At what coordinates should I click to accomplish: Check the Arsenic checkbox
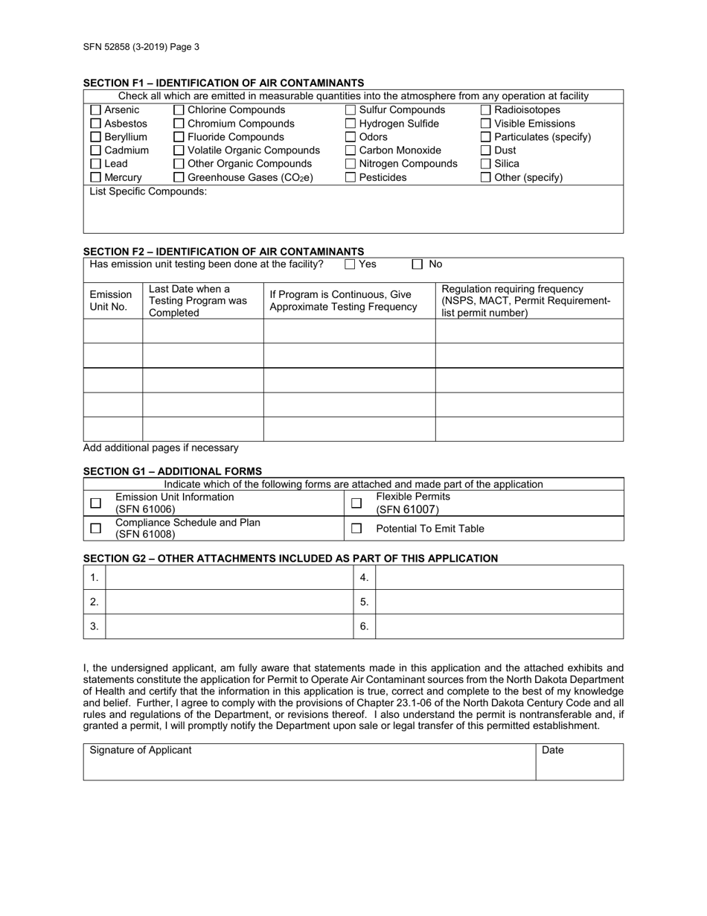[x=95, y=110]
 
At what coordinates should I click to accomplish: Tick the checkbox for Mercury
[x=95, y=177]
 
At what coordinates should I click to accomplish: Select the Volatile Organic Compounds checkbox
[x=179, y=150]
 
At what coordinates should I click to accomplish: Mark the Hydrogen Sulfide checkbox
[x=351, y=124]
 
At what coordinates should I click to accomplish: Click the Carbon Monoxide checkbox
[x=351, y=150]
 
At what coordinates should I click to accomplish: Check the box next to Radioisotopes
[x=485, y=110]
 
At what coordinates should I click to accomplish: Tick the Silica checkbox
[x=485, y=164]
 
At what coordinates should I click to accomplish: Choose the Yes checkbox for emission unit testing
[x=350, y=264]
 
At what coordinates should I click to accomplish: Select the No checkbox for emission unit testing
[x=418, y=264]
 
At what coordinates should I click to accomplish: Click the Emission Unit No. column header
[x=111, y=301]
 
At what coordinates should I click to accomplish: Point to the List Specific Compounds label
[x=148, y=192]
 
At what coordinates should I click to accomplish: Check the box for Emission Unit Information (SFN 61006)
[x=95, y=503]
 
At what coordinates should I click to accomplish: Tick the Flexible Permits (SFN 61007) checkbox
[x=356, y=503]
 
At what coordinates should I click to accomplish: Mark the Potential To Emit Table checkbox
[x=356, y=529]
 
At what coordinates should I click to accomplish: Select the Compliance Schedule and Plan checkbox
[x=95, y=529]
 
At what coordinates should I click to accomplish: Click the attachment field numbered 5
[x=499, y=602]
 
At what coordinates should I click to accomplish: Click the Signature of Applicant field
[x=309, y=763]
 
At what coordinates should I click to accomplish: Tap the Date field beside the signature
[x=579, y=763]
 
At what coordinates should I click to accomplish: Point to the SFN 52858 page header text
[x=141, y=47]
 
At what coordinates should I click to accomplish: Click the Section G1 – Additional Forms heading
[x=173, y=471]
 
